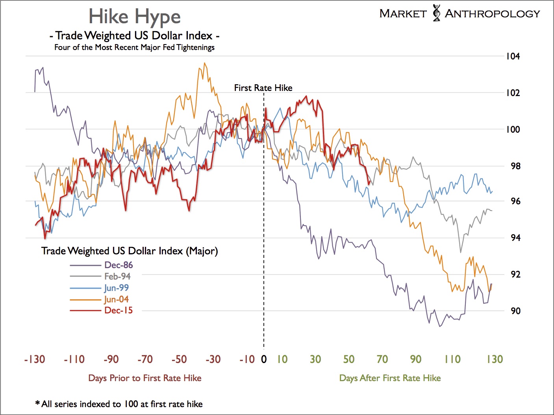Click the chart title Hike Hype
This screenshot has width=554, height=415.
pos(134,17)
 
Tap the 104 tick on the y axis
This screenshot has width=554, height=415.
pos(513,56)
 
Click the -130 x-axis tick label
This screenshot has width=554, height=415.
pos(35,359)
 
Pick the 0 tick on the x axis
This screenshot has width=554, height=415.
pos(264,359)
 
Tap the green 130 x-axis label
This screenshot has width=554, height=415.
pos(495,359)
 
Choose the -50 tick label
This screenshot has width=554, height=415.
pos(179,359)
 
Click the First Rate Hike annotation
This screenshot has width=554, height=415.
pos(263,88)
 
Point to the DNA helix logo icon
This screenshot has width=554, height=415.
pos(436,13)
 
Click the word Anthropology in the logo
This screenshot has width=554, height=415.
pos(492,14)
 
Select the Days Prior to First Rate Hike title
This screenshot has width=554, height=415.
pos(145,378)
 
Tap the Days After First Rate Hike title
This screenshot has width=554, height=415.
pos(390,378)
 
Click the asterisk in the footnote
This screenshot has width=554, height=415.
pos(37,403)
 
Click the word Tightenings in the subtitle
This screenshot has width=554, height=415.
pos(195,47)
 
